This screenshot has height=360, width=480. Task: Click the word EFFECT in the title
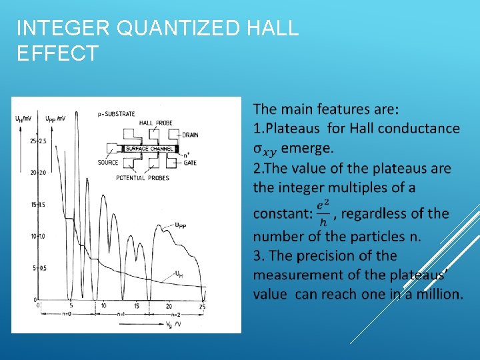[x=57, y=53]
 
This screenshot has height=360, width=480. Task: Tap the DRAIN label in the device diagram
[x=190, y=135]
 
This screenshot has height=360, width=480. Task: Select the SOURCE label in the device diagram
[x=107, y=163]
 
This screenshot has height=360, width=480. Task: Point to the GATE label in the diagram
[x=190, y=163]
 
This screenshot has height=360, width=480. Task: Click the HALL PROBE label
[x=155, y=123]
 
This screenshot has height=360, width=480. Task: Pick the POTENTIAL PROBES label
[x=143, y=178]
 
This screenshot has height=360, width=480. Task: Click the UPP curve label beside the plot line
[x=181, y=225]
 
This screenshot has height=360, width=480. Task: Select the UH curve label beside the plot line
[x=179, y=273]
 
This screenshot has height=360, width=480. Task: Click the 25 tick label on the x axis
[x=203, y=306]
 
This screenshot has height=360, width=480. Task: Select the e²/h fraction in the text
[x=323, y=212]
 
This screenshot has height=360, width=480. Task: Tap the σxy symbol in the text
[x=265, y=149]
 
